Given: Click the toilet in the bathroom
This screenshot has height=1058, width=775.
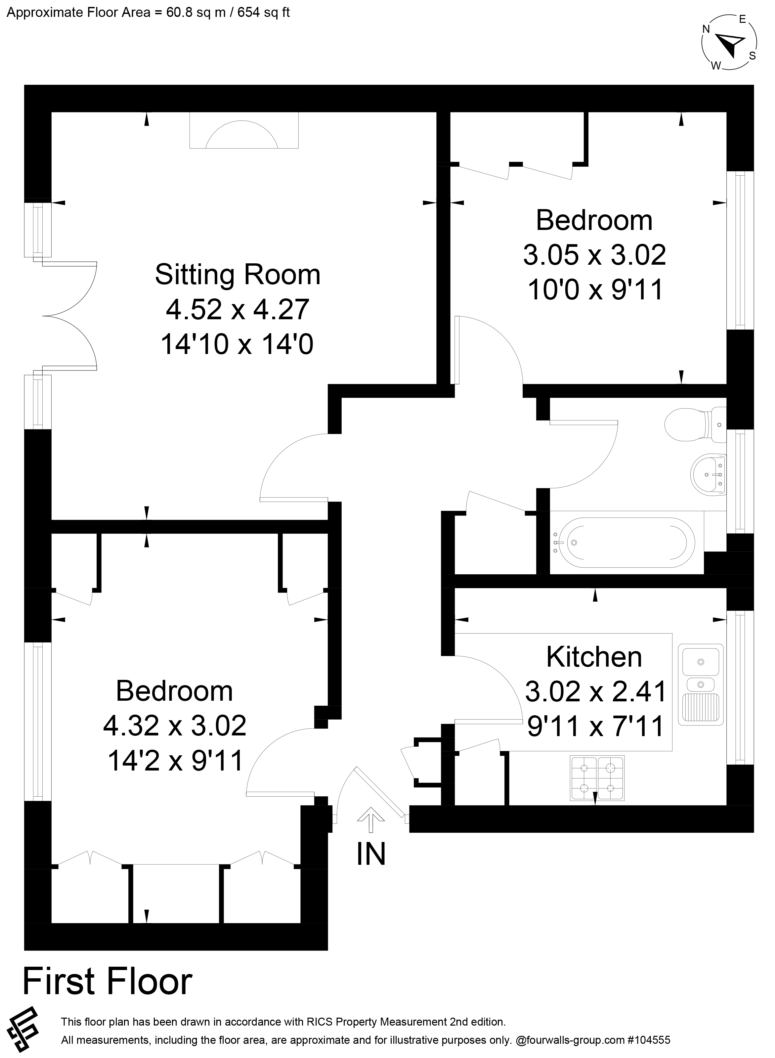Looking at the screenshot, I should coord(694,424).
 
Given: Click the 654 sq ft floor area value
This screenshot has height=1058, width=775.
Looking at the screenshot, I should coord(264,12).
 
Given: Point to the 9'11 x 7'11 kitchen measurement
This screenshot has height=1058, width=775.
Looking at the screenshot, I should coord(596,726).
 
